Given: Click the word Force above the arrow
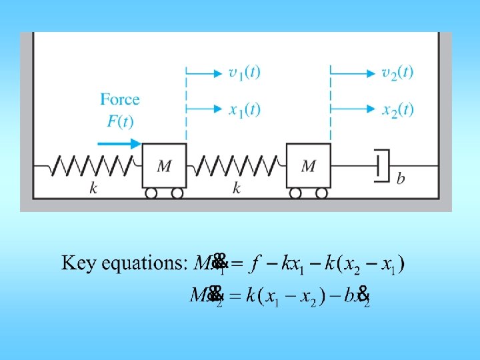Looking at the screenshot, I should (120, 100).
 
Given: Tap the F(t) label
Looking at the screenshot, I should (120, 121).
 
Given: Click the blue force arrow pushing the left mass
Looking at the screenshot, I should (119, 143).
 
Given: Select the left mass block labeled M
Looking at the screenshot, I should (164, 165).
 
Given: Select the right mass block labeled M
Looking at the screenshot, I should (308, 165).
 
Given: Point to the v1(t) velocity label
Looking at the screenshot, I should (244, 72).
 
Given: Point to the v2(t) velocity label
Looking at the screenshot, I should (397, 72).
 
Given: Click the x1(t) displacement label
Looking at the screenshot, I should (244, 109).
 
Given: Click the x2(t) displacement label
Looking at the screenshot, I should (397, 109).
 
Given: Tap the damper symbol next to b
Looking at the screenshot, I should (381, 166).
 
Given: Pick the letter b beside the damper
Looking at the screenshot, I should (400, 179).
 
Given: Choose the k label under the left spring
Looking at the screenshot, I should (93, 189).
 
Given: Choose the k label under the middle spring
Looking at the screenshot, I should (237, 189).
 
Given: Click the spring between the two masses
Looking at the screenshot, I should (236, 165).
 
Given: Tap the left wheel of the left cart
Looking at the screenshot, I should (151, 193).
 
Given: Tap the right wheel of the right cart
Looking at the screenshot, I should (321, 193).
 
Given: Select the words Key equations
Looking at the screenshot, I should (124, 263).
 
